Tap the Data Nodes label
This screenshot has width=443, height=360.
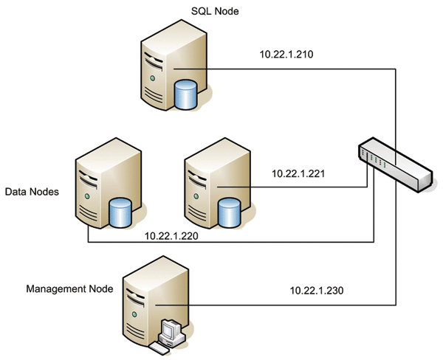pyautogui.click(x=32, y=193)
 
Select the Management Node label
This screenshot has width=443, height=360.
pyautogui.click(x=70, y=289)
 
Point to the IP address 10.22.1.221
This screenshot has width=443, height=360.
pyautogui.click(x=299, y=174)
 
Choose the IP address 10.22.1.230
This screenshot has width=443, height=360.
pyautogui.click(x=316, y=291)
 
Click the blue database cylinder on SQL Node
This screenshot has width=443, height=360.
pyautogui.click(x=185, y=94)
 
